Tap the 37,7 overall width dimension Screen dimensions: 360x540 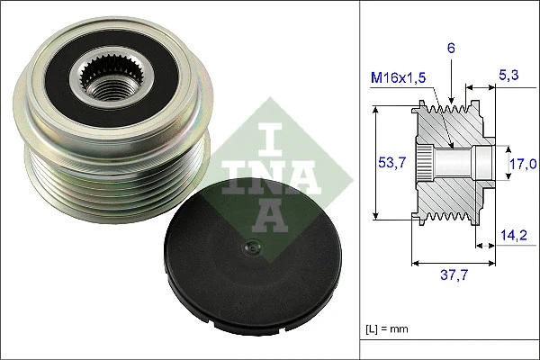tap(453, 277)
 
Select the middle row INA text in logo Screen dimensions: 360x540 tap(269, 176)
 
